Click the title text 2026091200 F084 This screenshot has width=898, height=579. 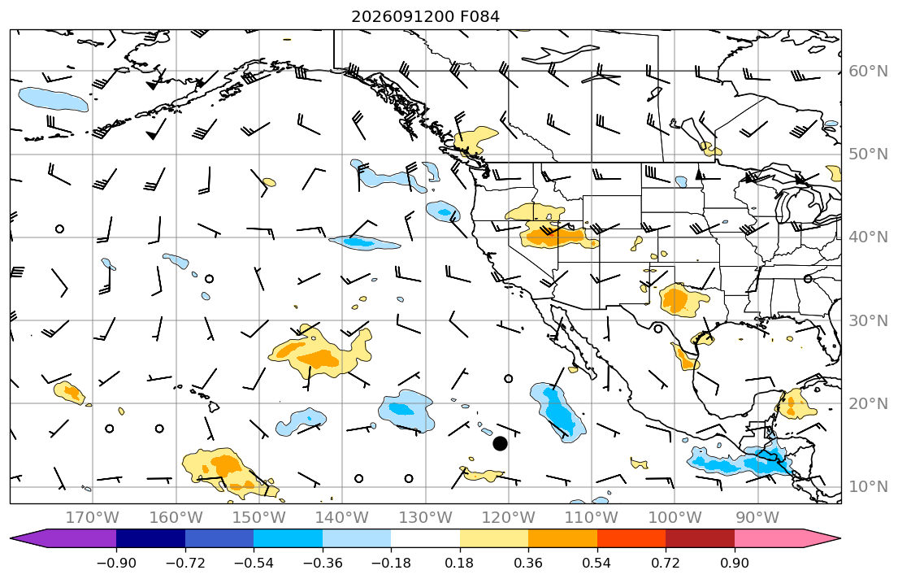(425, 16)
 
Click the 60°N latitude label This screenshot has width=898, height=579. (868, 71)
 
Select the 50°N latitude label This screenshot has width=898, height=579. (868, 155)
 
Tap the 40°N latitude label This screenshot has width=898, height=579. (868, 237)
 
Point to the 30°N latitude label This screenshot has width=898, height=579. (868, 320)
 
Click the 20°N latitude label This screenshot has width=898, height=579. (868, 403)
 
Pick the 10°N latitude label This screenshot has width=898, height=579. (868, 487)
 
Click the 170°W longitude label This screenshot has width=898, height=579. (93, 518)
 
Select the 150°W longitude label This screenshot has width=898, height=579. (259, 518)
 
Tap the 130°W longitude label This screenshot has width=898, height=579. (426, 518)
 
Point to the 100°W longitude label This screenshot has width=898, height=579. (675, 518)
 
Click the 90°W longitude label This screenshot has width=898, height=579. (757, 518)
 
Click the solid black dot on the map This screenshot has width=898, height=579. (500, 444)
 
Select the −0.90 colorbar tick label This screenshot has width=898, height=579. (116, 563)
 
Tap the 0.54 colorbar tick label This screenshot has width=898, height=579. (596, 563)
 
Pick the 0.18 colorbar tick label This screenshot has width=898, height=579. (459, 563)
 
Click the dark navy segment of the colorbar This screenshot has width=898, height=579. (150, 538)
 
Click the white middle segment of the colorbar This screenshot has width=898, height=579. (425, 538)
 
